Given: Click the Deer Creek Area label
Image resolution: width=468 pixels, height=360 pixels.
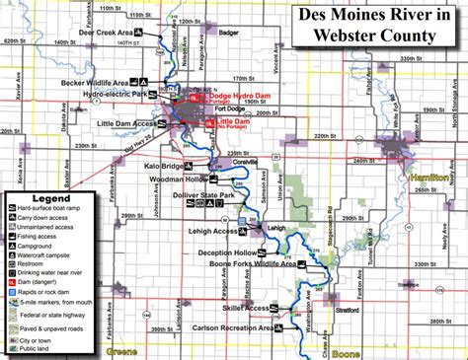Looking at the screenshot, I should [x=108, y=33].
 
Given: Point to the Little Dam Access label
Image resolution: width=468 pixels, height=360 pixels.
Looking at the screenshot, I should [x=126, y=123].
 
